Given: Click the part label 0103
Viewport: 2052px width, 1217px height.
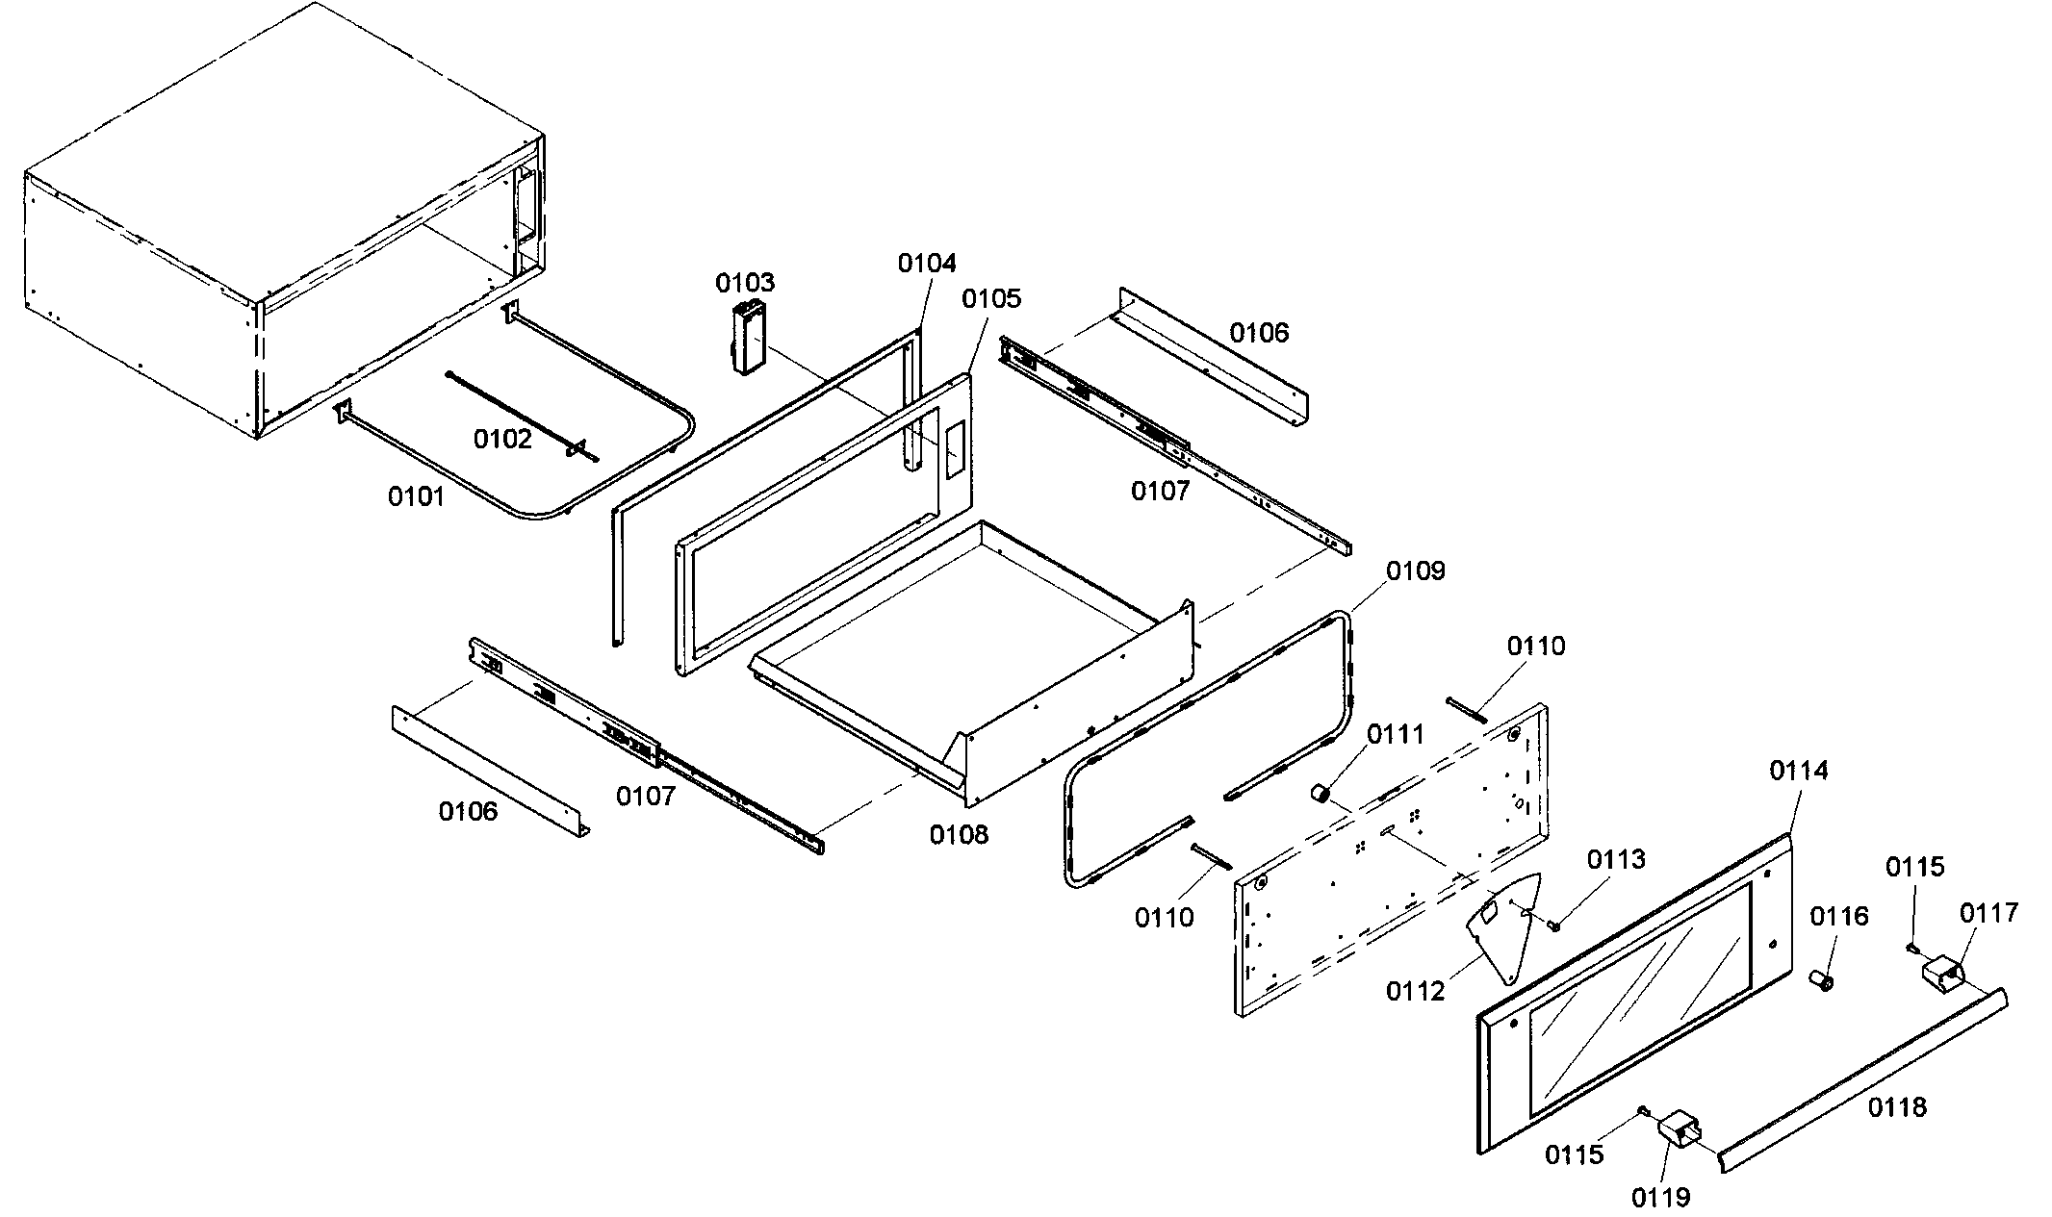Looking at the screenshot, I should pos(744,283).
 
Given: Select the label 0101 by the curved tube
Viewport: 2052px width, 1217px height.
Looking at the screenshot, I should pos(416,496).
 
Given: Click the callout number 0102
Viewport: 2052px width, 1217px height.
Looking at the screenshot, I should pos(501,440).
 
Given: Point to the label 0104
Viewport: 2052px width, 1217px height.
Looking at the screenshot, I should pos(927,264).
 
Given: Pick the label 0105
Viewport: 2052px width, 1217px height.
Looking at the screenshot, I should pos(991,298).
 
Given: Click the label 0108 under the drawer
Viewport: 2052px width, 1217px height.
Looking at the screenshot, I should pos(959,835).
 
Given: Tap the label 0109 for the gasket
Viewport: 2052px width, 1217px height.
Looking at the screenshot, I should pos(1415,571).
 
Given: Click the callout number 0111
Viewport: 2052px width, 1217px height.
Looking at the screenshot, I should pos(1396,735).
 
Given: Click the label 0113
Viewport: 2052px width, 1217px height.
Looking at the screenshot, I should pos(1616,859).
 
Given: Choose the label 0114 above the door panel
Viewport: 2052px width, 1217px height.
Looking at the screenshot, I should pos(1799,771).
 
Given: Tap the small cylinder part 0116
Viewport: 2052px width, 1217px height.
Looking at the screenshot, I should pos(1821,981).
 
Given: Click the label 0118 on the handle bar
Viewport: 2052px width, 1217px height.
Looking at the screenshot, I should pos(1898,1107).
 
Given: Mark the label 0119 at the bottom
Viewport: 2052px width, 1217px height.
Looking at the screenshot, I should pos(1660,1197).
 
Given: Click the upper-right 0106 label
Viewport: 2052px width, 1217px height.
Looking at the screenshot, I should pos(1259,333).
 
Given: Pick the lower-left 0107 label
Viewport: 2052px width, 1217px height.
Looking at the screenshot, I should pos(646,796).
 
